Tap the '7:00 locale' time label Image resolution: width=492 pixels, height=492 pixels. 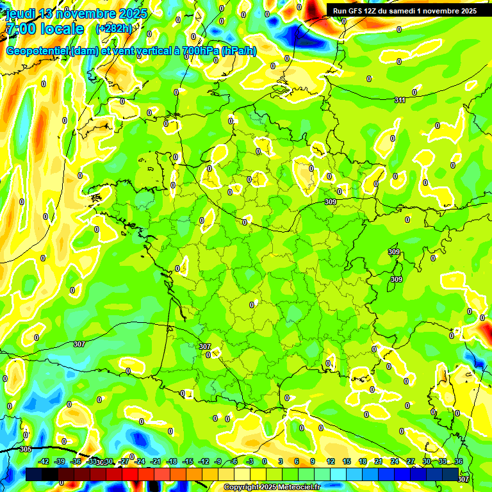click(45, 29)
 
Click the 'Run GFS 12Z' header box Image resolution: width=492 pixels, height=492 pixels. click(404, 11)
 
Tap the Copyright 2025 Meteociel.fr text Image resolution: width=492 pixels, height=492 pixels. click(272, 488)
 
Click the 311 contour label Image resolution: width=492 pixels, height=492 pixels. click(400, 100)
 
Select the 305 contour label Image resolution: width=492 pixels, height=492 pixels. click(26, 449)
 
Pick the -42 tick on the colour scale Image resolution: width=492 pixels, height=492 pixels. click(44, 461)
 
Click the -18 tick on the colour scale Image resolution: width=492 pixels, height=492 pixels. click(172, 461)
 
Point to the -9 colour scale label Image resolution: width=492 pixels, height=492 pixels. click(218, 461)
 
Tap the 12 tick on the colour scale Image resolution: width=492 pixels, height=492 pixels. click(330, 461)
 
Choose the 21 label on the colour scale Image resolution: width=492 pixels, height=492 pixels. click(378, 461)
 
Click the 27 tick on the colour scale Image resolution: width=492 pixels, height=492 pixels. click(410, 461)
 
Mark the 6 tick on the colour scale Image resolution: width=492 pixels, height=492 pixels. click(297, 461)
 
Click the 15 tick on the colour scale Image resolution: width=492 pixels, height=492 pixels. click(346, 461)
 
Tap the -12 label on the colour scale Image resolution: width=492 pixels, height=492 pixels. click(203, 461)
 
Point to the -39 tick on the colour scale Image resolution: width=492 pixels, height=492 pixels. click(60, 461)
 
